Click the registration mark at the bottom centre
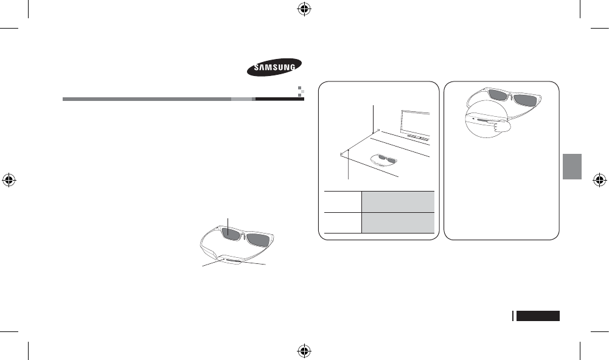point(304,351)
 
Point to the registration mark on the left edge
point(9,180)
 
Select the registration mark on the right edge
point(599,180)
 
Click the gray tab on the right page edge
point(572,166)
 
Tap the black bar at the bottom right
point(538,316)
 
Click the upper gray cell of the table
point(398,199)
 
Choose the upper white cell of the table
point(343,199)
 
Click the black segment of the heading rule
point(279,99)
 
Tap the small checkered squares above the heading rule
point(299,91)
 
